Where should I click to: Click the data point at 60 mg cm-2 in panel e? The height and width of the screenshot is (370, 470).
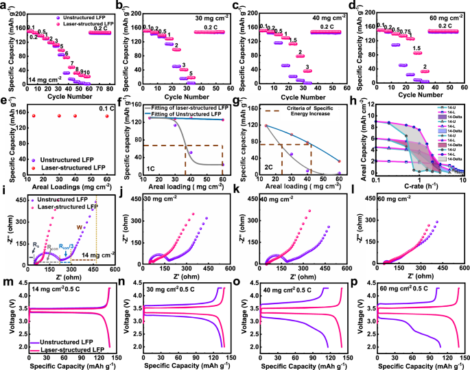coord(106,116)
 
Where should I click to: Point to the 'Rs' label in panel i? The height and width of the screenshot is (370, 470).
coord(35,244)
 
